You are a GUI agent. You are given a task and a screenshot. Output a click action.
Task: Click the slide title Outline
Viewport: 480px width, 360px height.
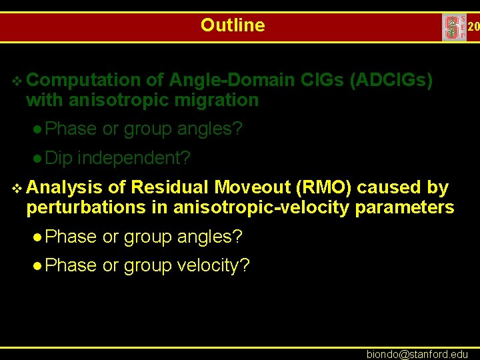233,25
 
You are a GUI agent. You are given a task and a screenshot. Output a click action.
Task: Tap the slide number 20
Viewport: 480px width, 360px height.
473,27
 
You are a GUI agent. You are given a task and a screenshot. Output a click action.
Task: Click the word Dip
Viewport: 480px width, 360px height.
61,159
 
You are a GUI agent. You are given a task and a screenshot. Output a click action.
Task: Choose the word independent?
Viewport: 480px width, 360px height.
135,159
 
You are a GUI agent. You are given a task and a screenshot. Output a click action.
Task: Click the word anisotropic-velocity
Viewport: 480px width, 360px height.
262,208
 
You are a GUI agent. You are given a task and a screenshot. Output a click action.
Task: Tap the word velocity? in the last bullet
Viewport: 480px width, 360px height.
213,265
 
